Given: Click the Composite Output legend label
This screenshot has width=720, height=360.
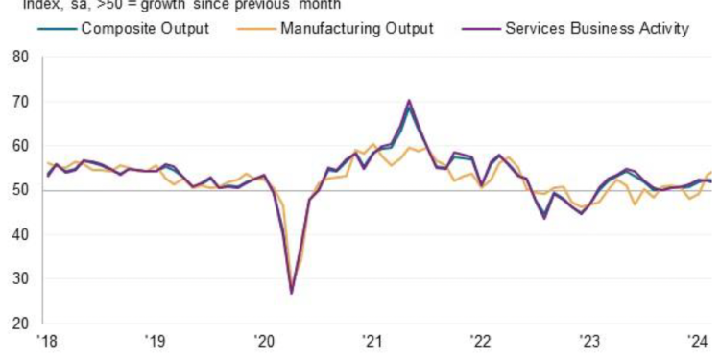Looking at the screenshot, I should [x=145, y=28].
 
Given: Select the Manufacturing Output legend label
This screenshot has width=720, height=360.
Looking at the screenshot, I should [x=356, y=28].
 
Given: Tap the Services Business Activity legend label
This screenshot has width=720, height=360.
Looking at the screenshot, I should [x=596, y=28].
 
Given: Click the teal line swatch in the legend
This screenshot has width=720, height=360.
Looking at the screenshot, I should [x=57, y=28].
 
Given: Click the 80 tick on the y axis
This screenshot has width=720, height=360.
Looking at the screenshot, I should [x=21, y=58].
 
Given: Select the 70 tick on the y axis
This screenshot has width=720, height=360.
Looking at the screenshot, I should [x=21, y=102].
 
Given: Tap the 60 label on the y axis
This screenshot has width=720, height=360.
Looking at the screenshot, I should [x=21, y=146].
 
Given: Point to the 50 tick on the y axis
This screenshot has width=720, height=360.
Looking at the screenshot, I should [x=21, y=190].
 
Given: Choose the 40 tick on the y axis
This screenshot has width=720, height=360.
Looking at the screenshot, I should [x=21, y=234].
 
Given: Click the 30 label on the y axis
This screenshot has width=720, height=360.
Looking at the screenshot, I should [x=21, y=278].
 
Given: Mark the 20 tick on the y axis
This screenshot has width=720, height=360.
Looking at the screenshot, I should [x=21, y=323].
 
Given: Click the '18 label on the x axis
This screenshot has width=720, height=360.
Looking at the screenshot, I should [x=46, y=341].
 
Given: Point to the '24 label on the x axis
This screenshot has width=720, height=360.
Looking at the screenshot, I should [x=697, y=341].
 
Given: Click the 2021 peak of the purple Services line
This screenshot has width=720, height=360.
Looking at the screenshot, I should [x=409, y=100].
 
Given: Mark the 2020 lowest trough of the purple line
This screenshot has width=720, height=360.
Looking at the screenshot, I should [x=291, y=293].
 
